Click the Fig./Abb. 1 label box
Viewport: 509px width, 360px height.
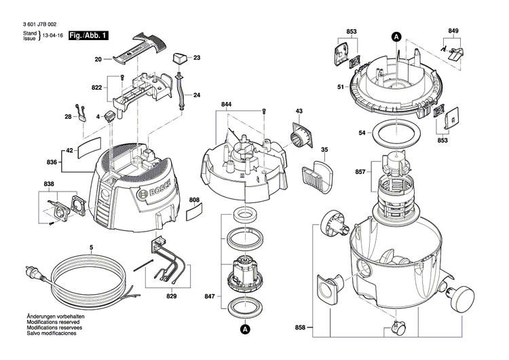click(88, 35)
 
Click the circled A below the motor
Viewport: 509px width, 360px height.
click(244, 330)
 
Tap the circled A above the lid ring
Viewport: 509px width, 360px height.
click(396, 37)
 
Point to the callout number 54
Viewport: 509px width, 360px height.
click(361, 132)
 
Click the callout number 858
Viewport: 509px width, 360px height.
click(301, 328)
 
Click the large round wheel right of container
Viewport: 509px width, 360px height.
click(464, 296)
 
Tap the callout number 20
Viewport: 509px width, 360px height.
click(97, 60)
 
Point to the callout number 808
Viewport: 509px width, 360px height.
click(195, 200)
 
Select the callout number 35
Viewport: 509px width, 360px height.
click(324, 149)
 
